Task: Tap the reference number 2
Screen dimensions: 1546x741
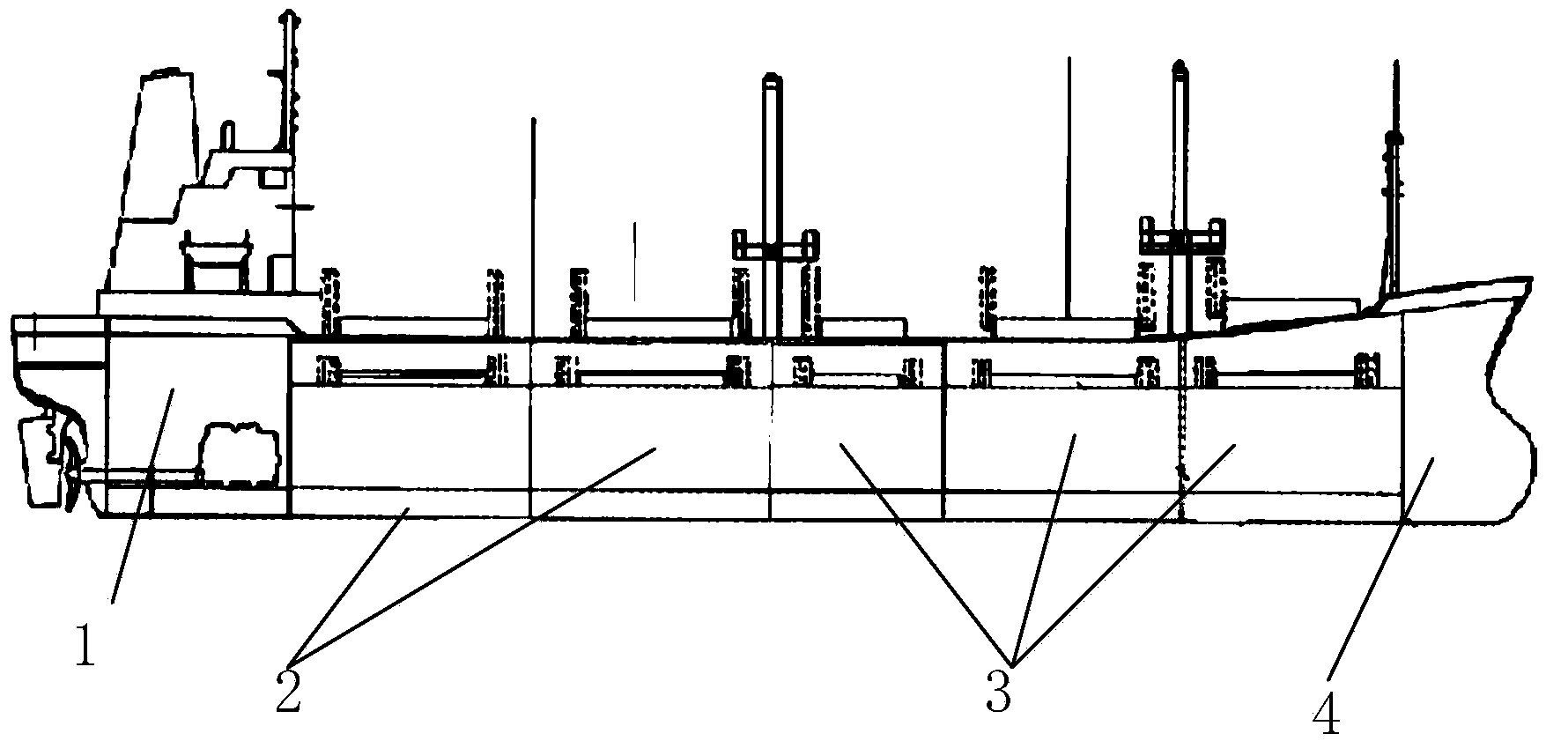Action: coord(288,691)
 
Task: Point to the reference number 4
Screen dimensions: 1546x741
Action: coord(1328,712)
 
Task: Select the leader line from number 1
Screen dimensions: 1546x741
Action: coord(141,493)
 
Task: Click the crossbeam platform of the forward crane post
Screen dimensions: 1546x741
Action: coord(1180,233)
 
